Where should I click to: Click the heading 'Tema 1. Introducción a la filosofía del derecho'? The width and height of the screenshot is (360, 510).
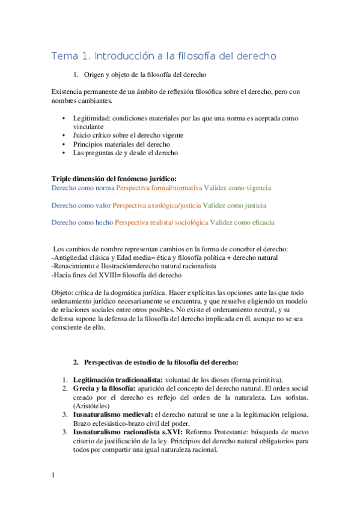[163, 56]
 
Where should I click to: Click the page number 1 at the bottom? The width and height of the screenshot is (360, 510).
[53, 475]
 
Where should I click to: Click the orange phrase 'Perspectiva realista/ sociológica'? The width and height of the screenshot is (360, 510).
[162, 223]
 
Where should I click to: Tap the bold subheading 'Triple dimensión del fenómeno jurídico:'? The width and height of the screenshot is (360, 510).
[114, 179]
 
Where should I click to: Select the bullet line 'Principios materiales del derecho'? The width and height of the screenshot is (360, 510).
[121, 144]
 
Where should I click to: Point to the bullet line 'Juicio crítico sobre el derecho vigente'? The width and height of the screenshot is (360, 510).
[128, 135]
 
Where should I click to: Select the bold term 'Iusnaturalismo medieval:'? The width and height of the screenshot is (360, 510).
[113, 414]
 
